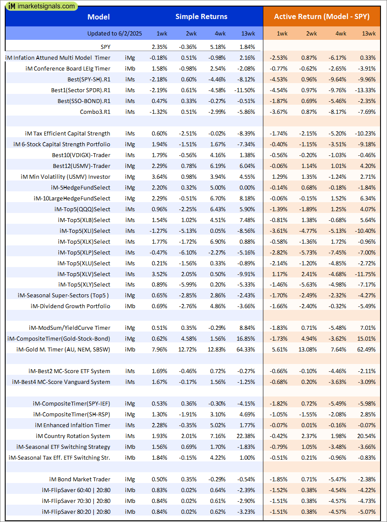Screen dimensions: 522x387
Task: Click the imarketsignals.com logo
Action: (x=42, y=6)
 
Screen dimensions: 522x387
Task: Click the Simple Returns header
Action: (x=201, y=17)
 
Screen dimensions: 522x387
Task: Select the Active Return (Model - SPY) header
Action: (x=322, y=17)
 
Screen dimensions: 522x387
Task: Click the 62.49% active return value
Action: (x=367, y=349)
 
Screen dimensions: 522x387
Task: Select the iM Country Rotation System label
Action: (x=73, y=436)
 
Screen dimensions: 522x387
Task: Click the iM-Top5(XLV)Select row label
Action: (x=84, y=274)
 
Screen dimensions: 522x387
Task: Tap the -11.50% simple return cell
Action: (x=245, y=90)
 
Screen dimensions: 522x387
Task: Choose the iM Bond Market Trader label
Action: (x=80, y=479)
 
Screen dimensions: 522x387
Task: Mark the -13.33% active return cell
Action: (x=366, y=90)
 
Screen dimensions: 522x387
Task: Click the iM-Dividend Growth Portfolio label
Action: (x=70, y=306)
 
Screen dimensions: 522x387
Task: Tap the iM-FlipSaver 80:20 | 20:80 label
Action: (x=76, y=512)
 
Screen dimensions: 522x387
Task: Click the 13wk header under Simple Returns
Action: (x=248, y=33)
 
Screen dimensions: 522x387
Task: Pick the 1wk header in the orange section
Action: (x=281, y=33)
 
